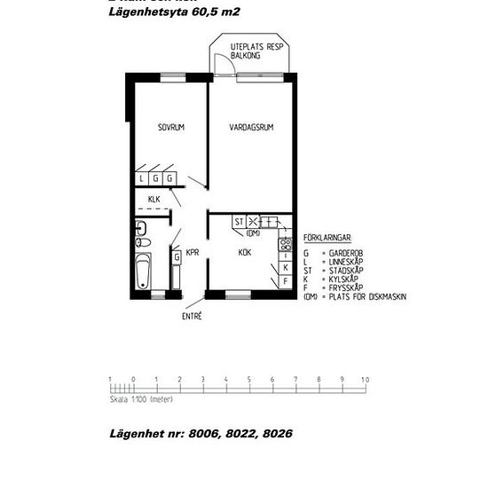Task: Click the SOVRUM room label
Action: click(x=171, y=128)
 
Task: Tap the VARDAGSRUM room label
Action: click(x=251, y=128)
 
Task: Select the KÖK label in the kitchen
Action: click(x=245, y=253)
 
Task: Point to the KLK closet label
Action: click(x=154, y=199)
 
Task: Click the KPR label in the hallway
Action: click(x=192, y=252)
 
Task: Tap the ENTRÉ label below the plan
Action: click(x=192, y=316)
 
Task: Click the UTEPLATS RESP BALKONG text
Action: click(x=256, y=50)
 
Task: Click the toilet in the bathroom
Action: click(x=142, y=240)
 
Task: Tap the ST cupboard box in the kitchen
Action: click(x=238, y=222)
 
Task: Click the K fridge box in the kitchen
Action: click(x=285, y=266)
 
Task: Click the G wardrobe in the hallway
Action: click(x=177, y=257)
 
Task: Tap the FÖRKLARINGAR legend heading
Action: click(x=327, y=239)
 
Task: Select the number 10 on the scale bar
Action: click(x=366, y=380)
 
